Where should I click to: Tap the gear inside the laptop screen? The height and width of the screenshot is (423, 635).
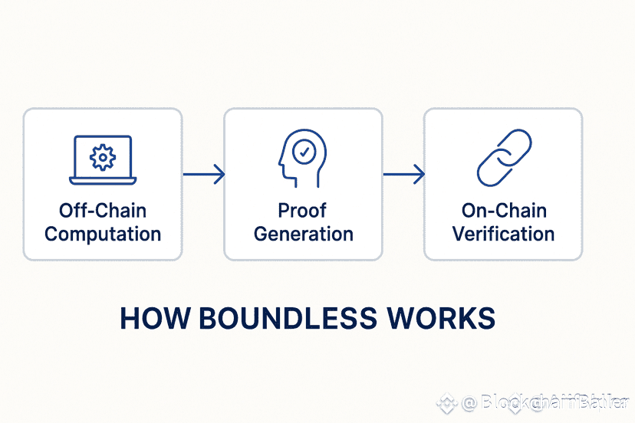click(x=103, y=156)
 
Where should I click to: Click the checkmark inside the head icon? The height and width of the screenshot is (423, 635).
click(x=305, y=152)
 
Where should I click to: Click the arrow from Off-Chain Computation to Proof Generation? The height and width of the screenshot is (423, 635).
click(x=203, y=175)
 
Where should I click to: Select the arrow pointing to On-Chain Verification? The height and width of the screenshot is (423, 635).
click(x=403, y=175)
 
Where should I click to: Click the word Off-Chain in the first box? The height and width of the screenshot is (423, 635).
click(x=103, y=211)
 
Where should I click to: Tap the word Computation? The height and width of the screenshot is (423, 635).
click(x=103, y=234)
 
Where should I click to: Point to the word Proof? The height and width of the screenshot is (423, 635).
click(x=304, y=211)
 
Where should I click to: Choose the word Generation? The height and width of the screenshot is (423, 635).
click(x=304, y=234)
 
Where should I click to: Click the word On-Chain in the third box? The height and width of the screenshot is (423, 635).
click(x=503, y=211)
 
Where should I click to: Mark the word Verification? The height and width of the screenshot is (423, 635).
click(x=503, y=234)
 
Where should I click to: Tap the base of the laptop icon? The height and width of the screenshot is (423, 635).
click(x=103, y=181)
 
